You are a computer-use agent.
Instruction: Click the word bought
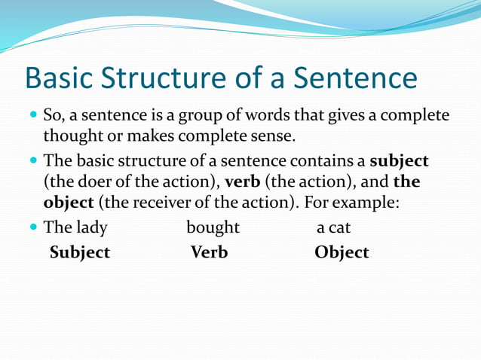213,227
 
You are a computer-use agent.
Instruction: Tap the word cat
339,227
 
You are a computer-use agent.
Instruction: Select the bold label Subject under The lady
80,253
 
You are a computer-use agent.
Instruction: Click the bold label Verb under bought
209,253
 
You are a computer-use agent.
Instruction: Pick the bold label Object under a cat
342,253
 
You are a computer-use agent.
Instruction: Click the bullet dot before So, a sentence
33,117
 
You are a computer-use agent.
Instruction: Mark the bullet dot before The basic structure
33,161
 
